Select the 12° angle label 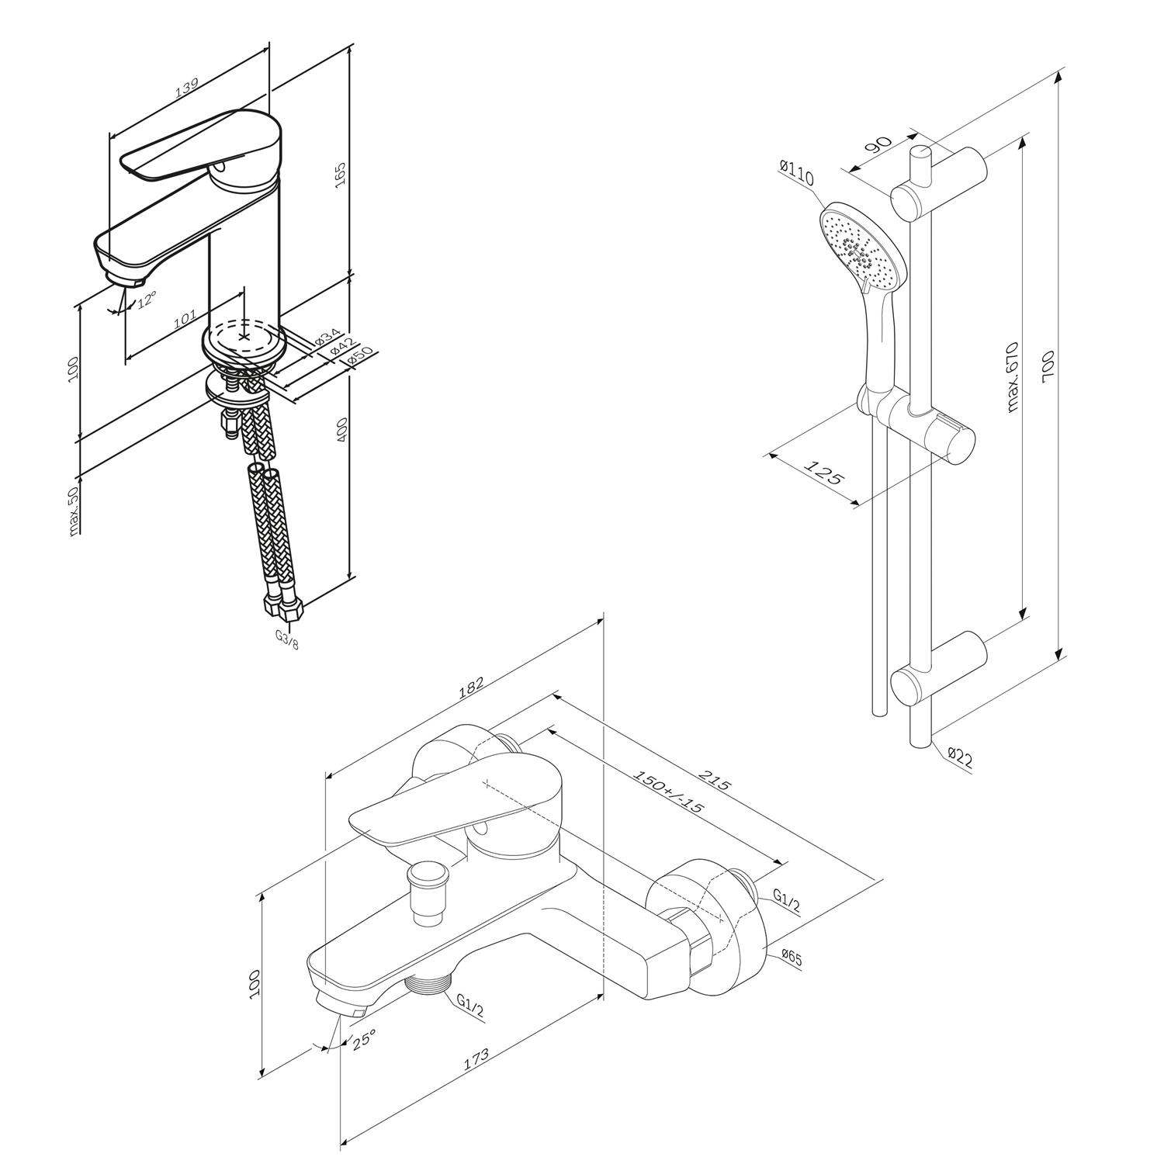pyautogui.click(x=147, y=300)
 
